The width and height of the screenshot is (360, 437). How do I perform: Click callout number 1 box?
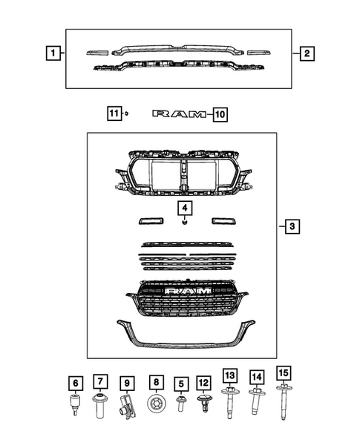[51, 53]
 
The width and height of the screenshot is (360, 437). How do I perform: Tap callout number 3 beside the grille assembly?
[292, 226]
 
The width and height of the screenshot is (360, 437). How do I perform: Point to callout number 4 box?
[183, 207]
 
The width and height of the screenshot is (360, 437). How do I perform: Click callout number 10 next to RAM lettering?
[219, 114]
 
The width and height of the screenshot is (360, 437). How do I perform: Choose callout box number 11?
[112, 114]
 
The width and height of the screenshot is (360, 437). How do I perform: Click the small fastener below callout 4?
[183, 221]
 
